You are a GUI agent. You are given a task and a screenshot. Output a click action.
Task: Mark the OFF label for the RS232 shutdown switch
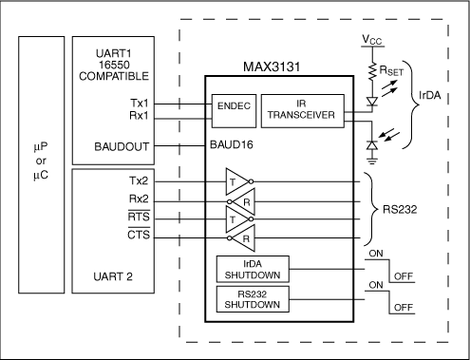click(403, 308)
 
